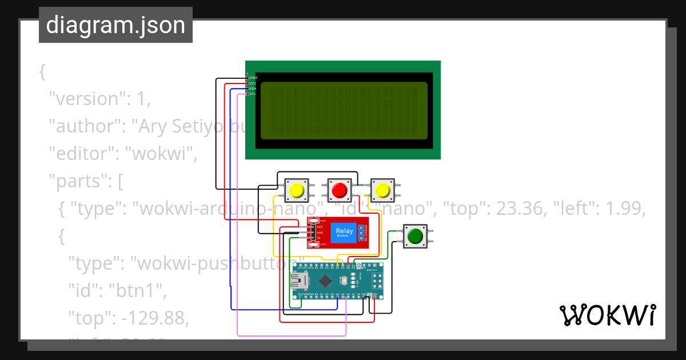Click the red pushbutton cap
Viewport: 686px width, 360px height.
(x=340, y=189)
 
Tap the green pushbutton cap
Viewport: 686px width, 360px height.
(x=415, y=235)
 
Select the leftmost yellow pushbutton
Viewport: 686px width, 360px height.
(x=297, y=190)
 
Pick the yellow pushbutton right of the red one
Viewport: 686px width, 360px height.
(x=382, y=189)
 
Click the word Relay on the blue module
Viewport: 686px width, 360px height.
(x=344, y=231)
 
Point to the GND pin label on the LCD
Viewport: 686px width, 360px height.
(x=253, y=78)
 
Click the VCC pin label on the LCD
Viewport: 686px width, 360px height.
(x=253, y=83)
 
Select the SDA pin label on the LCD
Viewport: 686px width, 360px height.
(x=253, y=89)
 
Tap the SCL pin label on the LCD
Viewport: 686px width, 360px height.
(x=253, y=94)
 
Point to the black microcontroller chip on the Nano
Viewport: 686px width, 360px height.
(x=325, y=281)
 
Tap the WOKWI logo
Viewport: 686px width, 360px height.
(x=607, y=315)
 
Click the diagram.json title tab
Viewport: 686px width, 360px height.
(x=115, y=25)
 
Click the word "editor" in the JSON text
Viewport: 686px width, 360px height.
(x=82, y=154)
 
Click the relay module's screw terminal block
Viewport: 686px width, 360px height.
(x=362, y=231)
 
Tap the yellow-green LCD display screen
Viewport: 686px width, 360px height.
(x=344, y=111)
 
